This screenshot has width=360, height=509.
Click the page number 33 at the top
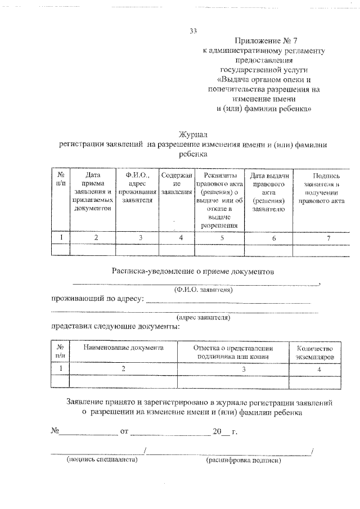click(x=193, y=31)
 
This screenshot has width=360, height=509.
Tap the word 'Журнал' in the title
click(x=193, y=134)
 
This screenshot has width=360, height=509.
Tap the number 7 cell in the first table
click(x=321, y=238)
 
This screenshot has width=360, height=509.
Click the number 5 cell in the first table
click(x=222, y=238)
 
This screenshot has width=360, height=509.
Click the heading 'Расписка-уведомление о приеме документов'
click(x=193, y=271)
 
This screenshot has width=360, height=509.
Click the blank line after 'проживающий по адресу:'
click(x=228, y=301)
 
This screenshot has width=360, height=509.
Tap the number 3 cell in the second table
click(x=228, y=369)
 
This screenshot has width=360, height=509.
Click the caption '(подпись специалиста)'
click(x=102, y=460)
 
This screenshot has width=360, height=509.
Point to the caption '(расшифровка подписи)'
click(x=244, y=460)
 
